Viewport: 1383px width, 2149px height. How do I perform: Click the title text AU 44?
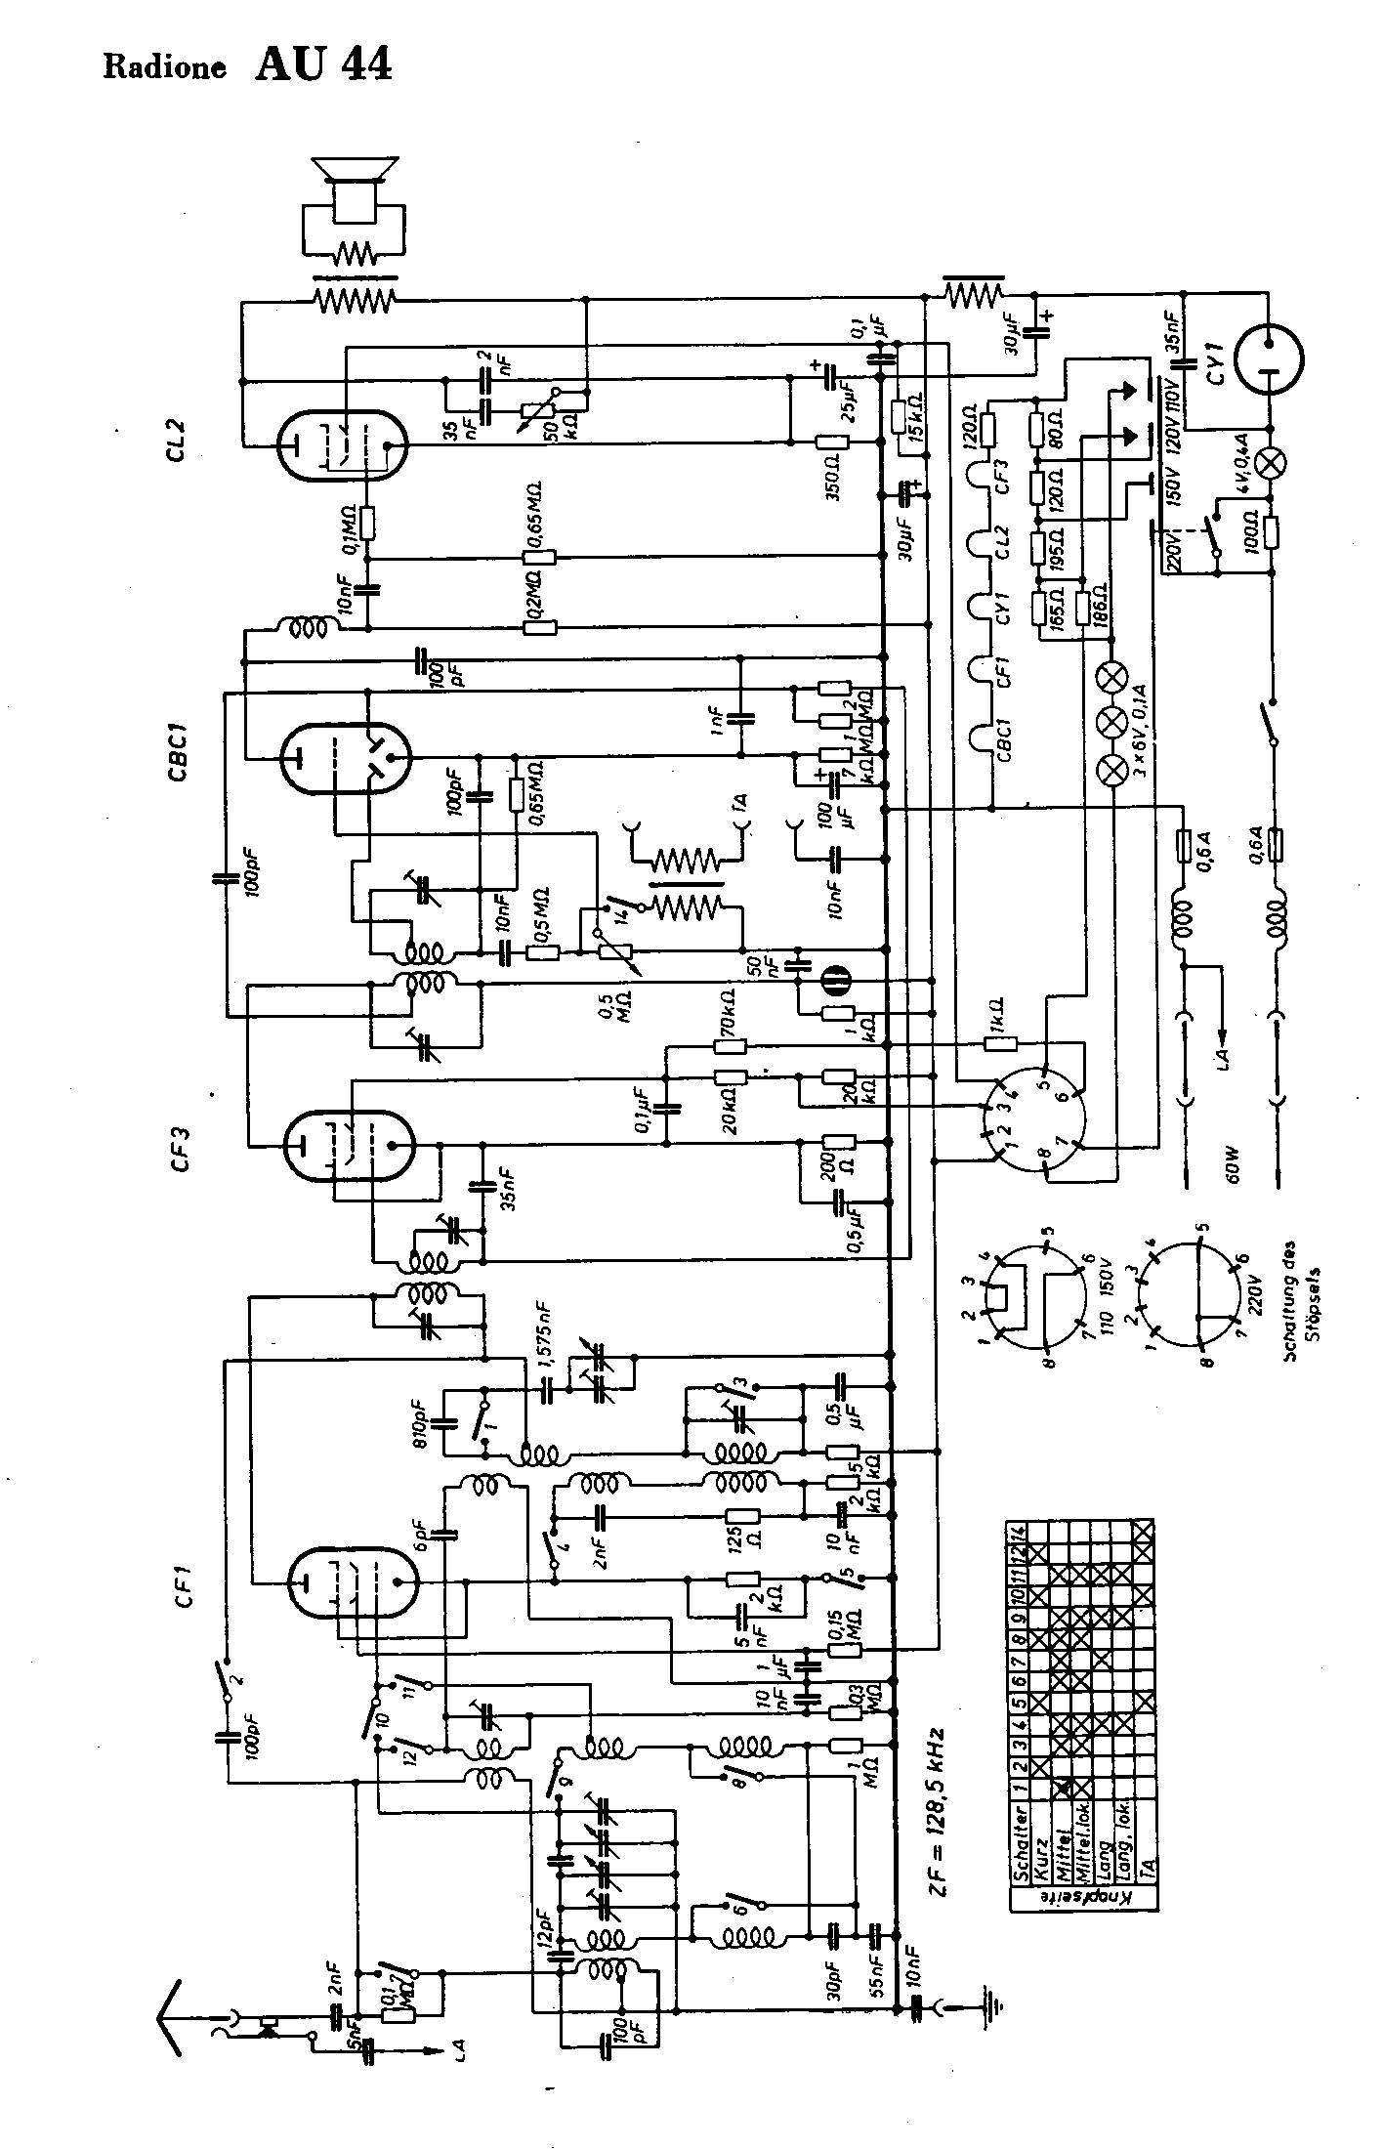pyautogui.click(x=323, y=64)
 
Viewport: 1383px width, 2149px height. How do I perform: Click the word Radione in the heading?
pyautogui.click(x=164, y=68)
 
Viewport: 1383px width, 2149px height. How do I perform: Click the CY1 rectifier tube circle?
pyautogui.click(x=1269, y=358)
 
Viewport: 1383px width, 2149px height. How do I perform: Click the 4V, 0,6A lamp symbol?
pyautogui.click(x=1270, y=464)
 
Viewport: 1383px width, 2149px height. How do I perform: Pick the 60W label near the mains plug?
pyautogui.click(x=1233, y=1163)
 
